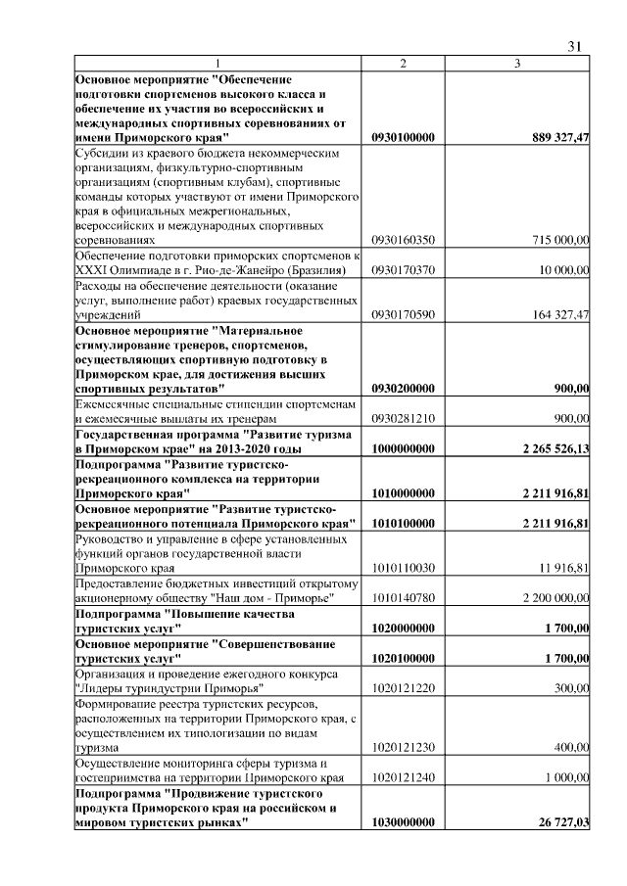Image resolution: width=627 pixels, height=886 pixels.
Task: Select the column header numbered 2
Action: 403,64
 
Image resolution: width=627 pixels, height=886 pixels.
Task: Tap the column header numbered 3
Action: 517,64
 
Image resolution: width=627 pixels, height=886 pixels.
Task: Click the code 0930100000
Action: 403,138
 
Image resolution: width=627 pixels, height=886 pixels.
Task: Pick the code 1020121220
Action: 403,687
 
